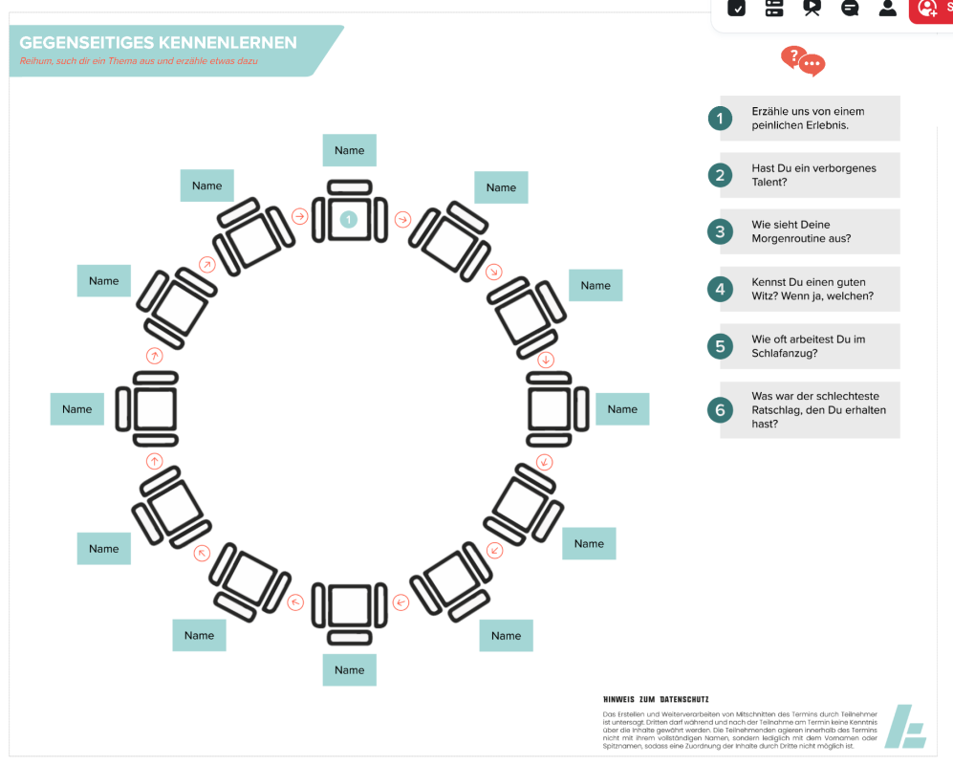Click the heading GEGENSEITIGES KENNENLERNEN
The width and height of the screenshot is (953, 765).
pos(159,43)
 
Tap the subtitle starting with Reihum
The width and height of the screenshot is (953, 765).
pos(140,61)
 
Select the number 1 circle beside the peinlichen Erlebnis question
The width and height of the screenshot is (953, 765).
pos(720,119)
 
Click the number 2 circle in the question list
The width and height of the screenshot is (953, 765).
pos(720,175)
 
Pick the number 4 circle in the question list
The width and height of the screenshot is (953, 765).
pos(720,289)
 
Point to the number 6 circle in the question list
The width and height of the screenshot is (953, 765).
pos(720,410)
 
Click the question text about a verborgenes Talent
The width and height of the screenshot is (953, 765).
pos(813,175)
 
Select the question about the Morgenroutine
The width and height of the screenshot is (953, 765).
pos(801,231)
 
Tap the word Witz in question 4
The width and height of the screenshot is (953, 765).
pos(766,296)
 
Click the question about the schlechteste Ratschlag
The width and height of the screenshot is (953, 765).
pos(818,409)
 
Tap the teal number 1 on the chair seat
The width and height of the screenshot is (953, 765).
pos(349,220)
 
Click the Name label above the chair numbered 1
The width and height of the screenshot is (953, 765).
pos(350,150)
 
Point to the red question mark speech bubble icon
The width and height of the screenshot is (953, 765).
pos(802,61)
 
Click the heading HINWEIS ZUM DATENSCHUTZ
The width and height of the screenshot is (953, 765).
pos(656,699)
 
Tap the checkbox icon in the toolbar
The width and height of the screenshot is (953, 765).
pos(736,8)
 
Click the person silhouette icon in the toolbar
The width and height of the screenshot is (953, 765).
pos(887,8)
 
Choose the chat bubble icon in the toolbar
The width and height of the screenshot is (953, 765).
pos(850,8)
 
